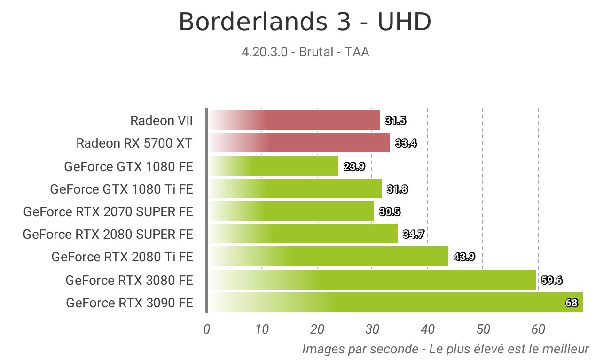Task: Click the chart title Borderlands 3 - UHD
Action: pyautogui.click(x=305, y=22)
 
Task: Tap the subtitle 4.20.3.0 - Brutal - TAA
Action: pyautogui.click(x=305, y=52)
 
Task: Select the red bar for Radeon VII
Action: pyautogui.click(x=295, y=120)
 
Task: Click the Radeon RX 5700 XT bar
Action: pyautogui.click(x=300, y=142)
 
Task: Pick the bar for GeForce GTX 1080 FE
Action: pyautogui.click(x=274, y=166)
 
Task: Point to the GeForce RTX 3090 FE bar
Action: pyautogui.click(x=396, y=302)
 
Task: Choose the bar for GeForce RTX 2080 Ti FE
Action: pyautogui.click(x=329, y=256)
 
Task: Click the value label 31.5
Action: pyautogui.click(x=396, y=120)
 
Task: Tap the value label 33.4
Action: pyautogui.click(x=406, y=143)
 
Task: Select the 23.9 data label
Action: pyautogui.click(x=354, y=166)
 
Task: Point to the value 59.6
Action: pyautogui.click(x=551, y=280)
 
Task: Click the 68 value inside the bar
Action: pyautogui.click(x=572, y=303)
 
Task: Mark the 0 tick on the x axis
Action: pyautogui.click(x=206, y=329)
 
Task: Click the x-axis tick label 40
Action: pyautogui.click(x=427, y=329)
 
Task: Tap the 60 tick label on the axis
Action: pyautogui.click(x=538, y=329)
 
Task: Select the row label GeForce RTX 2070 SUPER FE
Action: pyautogui.click(x=108, y=211)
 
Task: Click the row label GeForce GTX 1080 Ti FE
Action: pyautogui.click(x=121, y=189)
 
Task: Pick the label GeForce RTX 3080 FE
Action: pyautogui.click(x=129, y=280)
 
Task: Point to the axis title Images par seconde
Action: pyautogui.click(x=360, y=349)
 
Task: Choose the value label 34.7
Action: pyautogui.click(x=413, y=234)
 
